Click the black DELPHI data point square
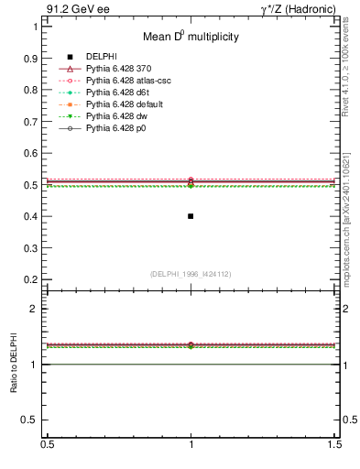191,216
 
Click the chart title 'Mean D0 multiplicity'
190,38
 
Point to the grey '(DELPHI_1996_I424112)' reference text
191,274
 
